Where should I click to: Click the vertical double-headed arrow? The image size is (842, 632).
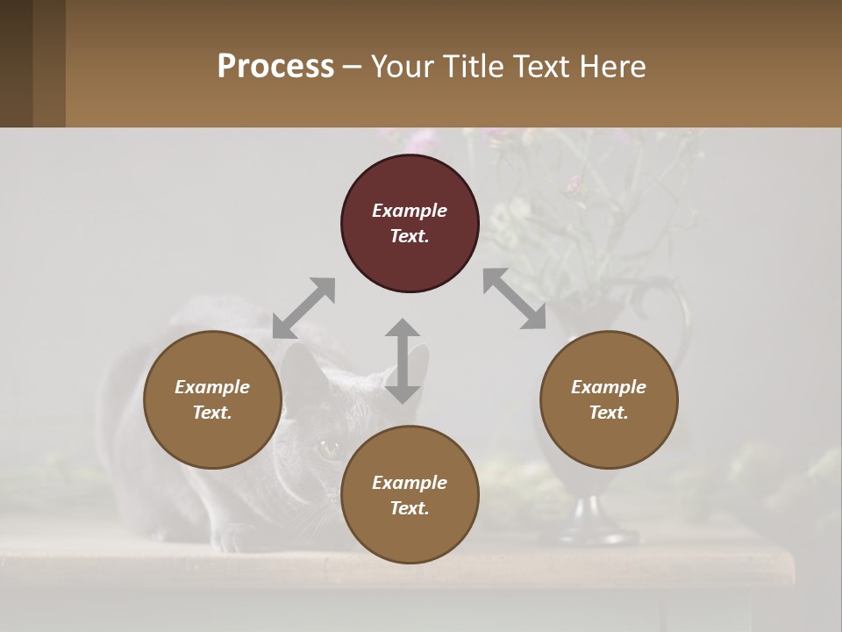[403, 361]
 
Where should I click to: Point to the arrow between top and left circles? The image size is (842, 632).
[303, 308]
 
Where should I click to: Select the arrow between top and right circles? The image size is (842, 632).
[515, 299]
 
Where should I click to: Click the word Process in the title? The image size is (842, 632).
[275, 67]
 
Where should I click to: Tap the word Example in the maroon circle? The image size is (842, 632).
[410, 211]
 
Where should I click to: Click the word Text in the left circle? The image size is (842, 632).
[212, 413]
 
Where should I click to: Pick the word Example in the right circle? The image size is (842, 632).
[609, 387]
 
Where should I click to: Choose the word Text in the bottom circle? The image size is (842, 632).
[410, 508]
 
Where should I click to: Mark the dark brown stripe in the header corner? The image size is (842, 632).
[16, 63]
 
